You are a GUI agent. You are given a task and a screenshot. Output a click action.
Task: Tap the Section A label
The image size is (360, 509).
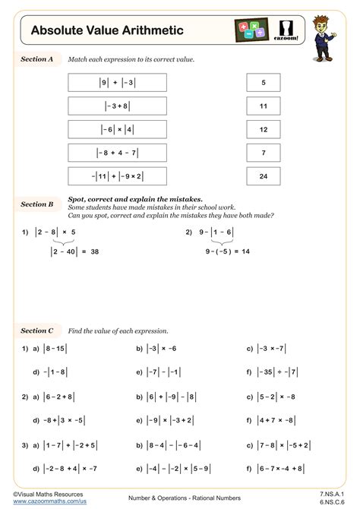pyautogui.click(x=37, y=58)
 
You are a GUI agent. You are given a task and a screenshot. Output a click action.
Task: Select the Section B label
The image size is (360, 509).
pyautogui.click(x=37, y=204)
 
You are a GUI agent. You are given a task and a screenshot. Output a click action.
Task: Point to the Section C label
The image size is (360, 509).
pyautogui.click(x=37, y=330)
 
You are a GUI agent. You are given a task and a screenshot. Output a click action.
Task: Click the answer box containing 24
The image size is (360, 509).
pyautogui.click(x=263, y=177)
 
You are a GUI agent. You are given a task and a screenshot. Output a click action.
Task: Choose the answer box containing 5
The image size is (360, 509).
pyautogui.click(x=263, y=82)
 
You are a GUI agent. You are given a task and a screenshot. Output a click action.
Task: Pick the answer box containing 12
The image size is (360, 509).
pyautogui.click(x=263, y=129)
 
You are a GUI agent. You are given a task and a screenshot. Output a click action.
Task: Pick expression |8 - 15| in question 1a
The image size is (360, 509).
pyautogui.click(x=55, y=349)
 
